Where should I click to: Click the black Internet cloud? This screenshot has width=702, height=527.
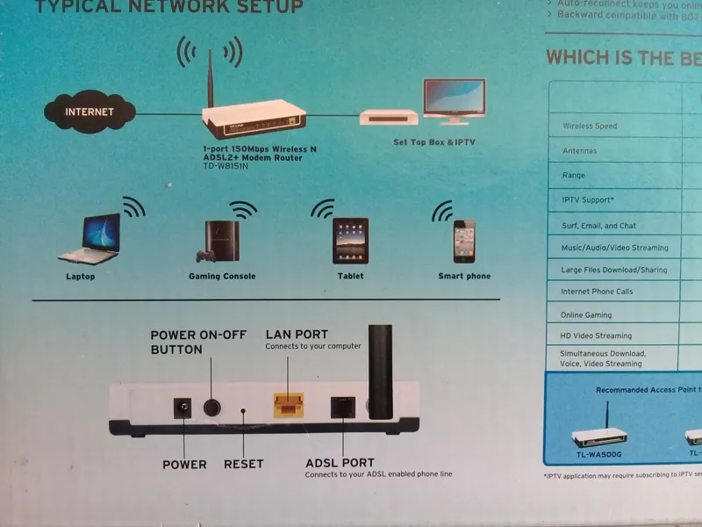click(90, 112)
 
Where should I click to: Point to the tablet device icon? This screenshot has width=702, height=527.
click(350, 241)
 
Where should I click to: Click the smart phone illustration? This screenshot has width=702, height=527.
click(463, 241)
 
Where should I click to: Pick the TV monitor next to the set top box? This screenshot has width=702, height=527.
click(454, 99)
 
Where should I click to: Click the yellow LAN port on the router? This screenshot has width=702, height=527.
click(288, 405)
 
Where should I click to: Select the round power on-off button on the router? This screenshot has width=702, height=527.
click(212, 407)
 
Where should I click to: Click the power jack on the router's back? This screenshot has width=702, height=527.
click(183, 408)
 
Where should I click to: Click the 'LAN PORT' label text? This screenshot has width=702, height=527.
click(297, 335)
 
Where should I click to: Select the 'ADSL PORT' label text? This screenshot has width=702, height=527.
click(340, 463)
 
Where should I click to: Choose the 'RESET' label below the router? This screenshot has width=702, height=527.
click(243, 464)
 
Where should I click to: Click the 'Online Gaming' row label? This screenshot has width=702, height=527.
click(586, 314)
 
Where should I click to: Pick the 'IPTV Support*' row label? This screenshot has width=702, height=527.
click(587, 200)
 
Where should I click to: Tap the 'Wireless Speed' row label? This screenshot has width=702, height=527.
click(590, 126)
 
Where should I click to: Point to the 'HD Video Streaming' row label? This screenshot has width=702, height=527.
click(596, 336)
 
